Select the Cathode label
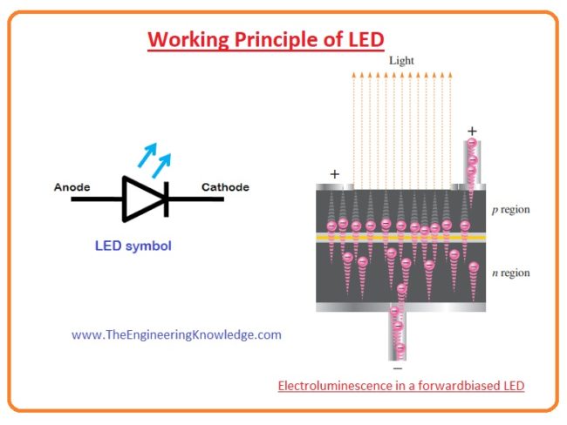[x=225, y=187]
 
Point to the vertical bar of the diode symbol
[x=166, y=199]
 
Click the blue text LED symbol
[x=133, y=246]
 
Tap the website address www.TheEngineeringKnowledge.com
[x=176, y=334]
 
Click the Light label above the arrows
[x=401, y=61]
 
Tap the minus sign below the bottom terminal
[x=398, y=368]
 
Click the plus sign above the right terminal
[x=473, y=130]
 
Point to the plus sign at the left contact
[x=334, y=174]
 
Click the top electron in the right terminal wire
[x=472, y=144]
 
